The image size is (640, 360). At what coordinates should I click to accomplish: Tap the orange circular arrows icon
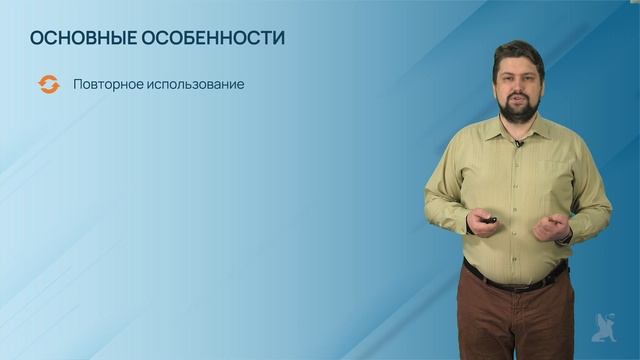pyautogui.click(x=47, y=85)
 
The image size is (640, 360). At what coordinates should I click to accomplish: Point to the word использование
pyautogui.click(x=196, y=85)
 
